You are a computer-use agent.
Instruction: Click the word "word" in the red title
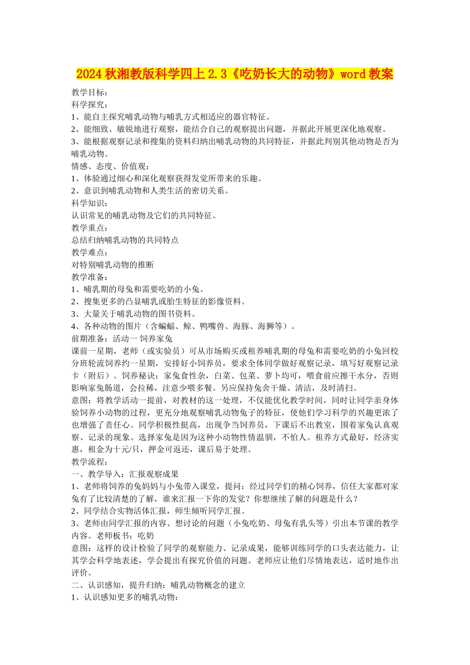353,74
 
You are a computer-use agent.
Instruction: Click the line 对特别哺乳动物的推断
113,265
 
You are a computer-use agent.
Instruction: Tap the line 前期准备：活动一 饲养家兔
122,338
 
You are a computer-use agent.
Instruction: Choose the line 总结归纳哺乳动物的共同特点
125,240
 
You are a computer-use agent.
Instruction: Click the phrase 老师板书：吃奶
125,535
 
